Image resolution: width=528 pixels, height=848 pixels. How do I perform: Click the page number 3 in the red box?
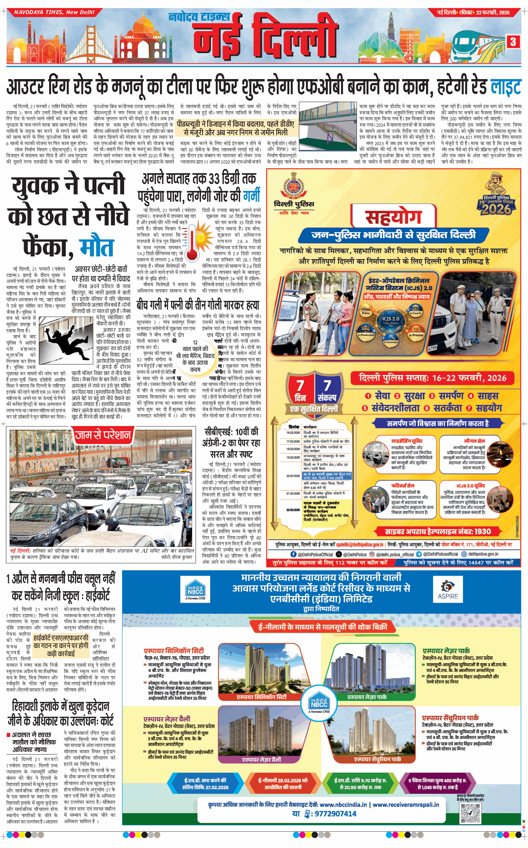point(513,42)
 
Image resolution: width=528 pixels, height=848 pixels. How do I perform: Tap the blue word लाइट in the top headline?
point(505,88)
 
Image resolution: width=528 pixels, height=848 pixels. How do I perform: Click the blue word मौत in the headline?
point(96,247)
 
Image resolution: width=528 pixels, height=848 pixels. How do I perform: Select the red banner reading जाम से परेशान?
point(103,435)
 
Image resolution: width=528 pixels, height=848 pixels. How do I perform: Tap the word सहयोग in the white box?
point(393,217)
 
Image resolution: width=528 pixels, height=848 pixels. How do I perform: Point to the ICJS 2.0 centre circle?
point(391,320)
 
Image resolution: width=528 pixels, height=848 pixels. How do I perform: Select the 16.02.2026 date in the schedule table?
point(293,432)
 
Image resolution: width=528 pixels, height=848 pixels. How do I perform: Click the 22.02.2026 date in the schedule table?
point(293,510)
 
